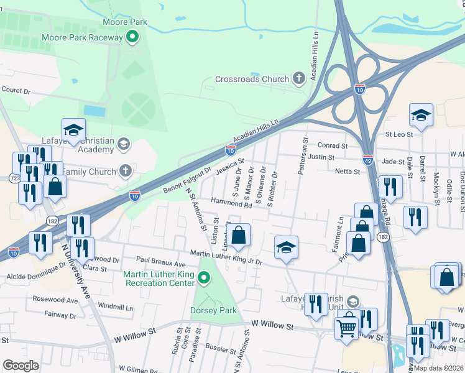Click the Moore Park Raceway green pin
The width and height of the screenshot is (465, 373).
(x=132, y=38)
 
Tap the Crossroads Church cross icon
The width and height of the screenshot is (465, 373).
(x=298, y=79)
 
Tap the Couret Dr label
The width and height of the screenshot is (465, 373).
(x=16, y=90)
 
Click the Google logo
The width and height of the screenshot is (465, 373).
(x=21, y=365)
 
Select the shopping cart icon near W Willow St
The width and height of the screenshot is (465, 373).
(x=347, y=325)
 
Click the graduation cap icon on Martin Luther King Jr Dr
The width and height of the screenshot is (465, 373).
(x=286, y=247)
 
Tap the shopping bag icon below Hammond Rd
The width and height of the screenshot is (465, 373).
(x=238, y=235)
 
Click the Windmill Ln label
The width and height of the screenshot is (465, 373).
(x=116, y=307)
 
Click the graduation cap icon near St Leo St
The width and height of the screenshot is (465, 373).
(x=421, y=115)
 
